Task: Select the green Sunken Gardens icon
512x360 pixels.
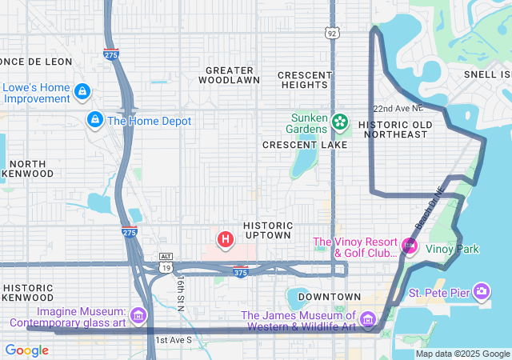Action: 341,122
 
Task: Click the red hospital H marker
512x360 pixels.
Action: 226,238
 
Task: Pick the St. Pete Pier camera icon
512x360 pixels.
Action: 482,290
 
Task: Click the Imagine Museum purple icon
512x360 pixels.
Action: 140,316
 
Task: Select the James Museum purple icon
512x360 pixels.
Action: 367,320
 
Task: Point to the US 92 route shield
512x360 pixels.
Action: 331,33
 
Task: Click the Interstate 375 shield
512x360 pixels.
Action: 240,272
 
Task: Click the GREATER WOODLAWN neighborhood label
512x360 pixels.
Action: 229,75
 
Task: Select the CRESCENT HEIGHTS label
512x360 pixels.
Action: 305,80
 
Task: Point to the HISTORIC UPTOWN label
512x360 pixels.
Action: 267,230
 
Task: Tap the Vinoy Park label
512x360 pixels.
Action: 452,249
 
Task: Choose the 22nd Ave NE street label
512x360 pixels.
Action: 397,109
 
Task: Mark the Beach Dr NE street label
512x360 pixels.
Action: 428,208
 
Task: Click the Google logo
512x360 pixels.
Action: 26,350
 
